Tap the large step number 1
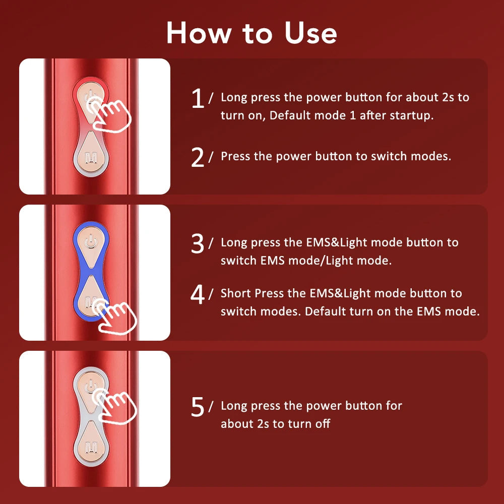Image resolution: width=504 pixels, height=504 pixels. tap(198, 99)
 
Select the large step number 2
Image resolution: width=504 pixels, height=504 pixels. tap(198, 158)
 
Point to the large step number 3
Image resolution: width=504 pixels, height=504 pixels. tap(198, 244)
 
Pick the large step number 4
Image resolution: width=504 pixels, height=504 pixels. tap(198, 295)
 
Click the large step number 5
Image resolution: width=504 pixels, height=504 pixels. tap(198, 407)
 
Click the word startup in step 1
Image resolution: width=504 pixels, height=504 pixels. tap(413, 115)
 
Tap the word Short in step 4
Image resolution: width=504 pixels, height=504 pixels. tap(235, 293)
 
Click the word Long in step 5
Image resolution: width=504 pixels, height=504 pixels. tap(234, 406)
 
